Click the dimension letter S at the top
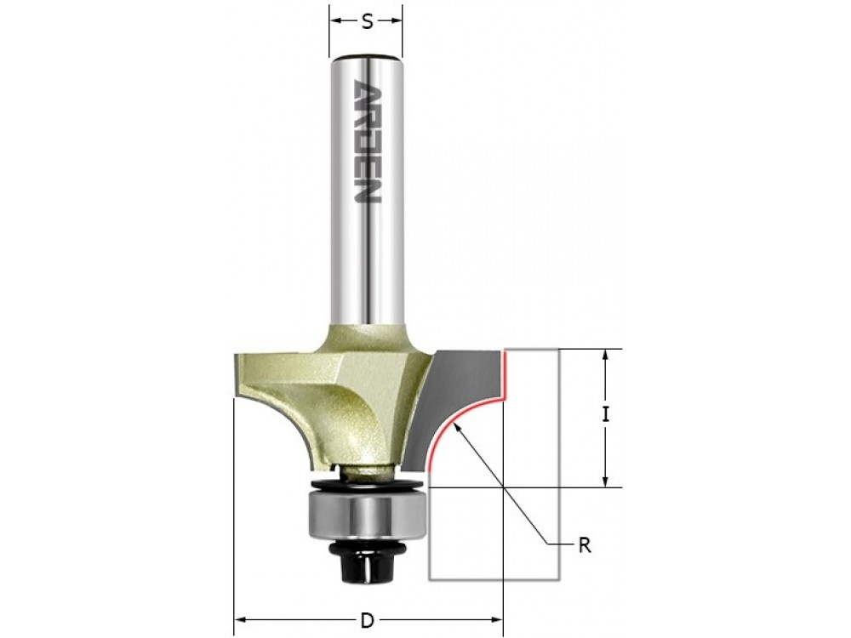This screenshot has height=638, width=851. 368,22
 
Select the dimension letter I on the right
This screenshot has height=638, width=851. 606,415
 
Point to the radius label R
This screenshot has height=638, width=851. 585,545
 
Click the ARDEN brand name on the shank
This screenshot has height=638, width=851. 367,142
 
